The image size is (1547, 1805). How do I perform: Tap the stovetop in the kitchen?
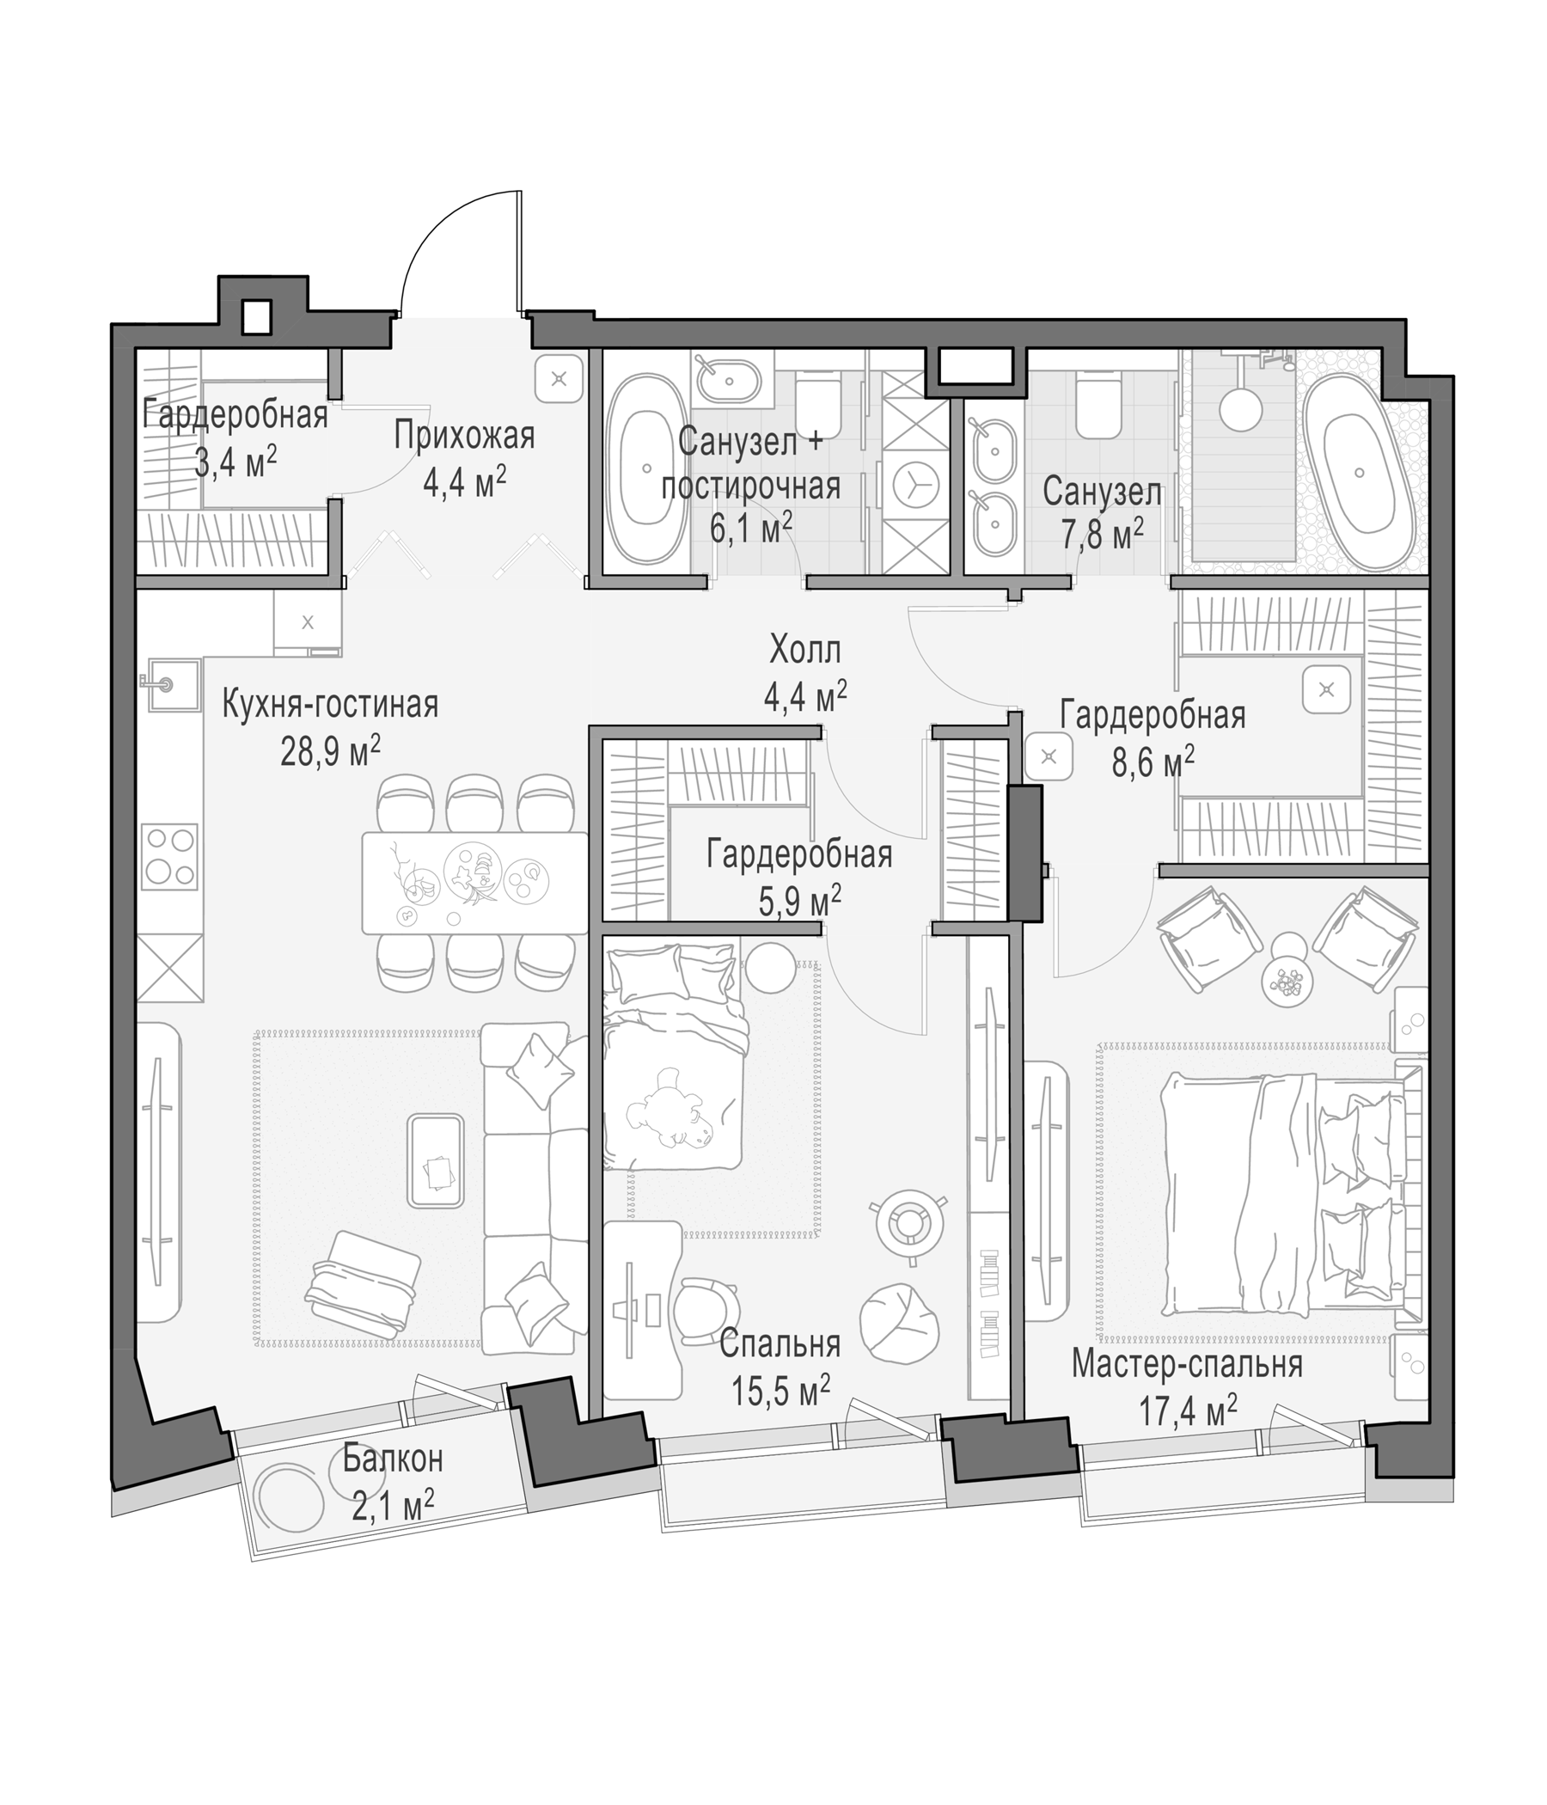point(170,856)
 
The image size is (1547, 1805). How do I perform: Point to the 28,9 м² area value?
point(330,751)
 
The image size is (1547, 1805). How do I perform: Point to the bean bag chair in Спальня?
point(900,1324)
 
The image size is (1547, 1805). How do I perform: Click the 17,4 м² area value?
point(1188,1410)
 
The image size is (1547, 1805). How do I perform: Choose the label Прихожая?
point(464,437)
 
